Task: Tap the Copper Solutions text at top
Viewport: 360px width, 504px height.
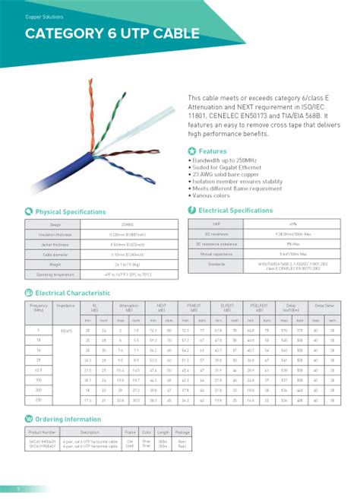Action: pos(45,16)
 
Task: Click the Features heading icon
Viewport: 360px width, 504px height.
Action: pos(191,151)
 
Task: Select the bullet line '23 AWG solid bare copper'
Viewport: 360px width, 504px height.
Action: pos(226,176)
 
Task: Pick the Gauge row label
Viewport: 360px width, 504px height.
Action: pos(55,225)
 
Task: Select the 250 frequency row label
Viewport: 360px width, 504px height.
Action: pos(36,400)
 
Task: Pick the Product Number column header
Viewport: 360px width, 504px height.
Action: pos(41,432)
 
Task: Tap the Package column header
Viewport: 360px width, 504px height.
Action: pos(183,432)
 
